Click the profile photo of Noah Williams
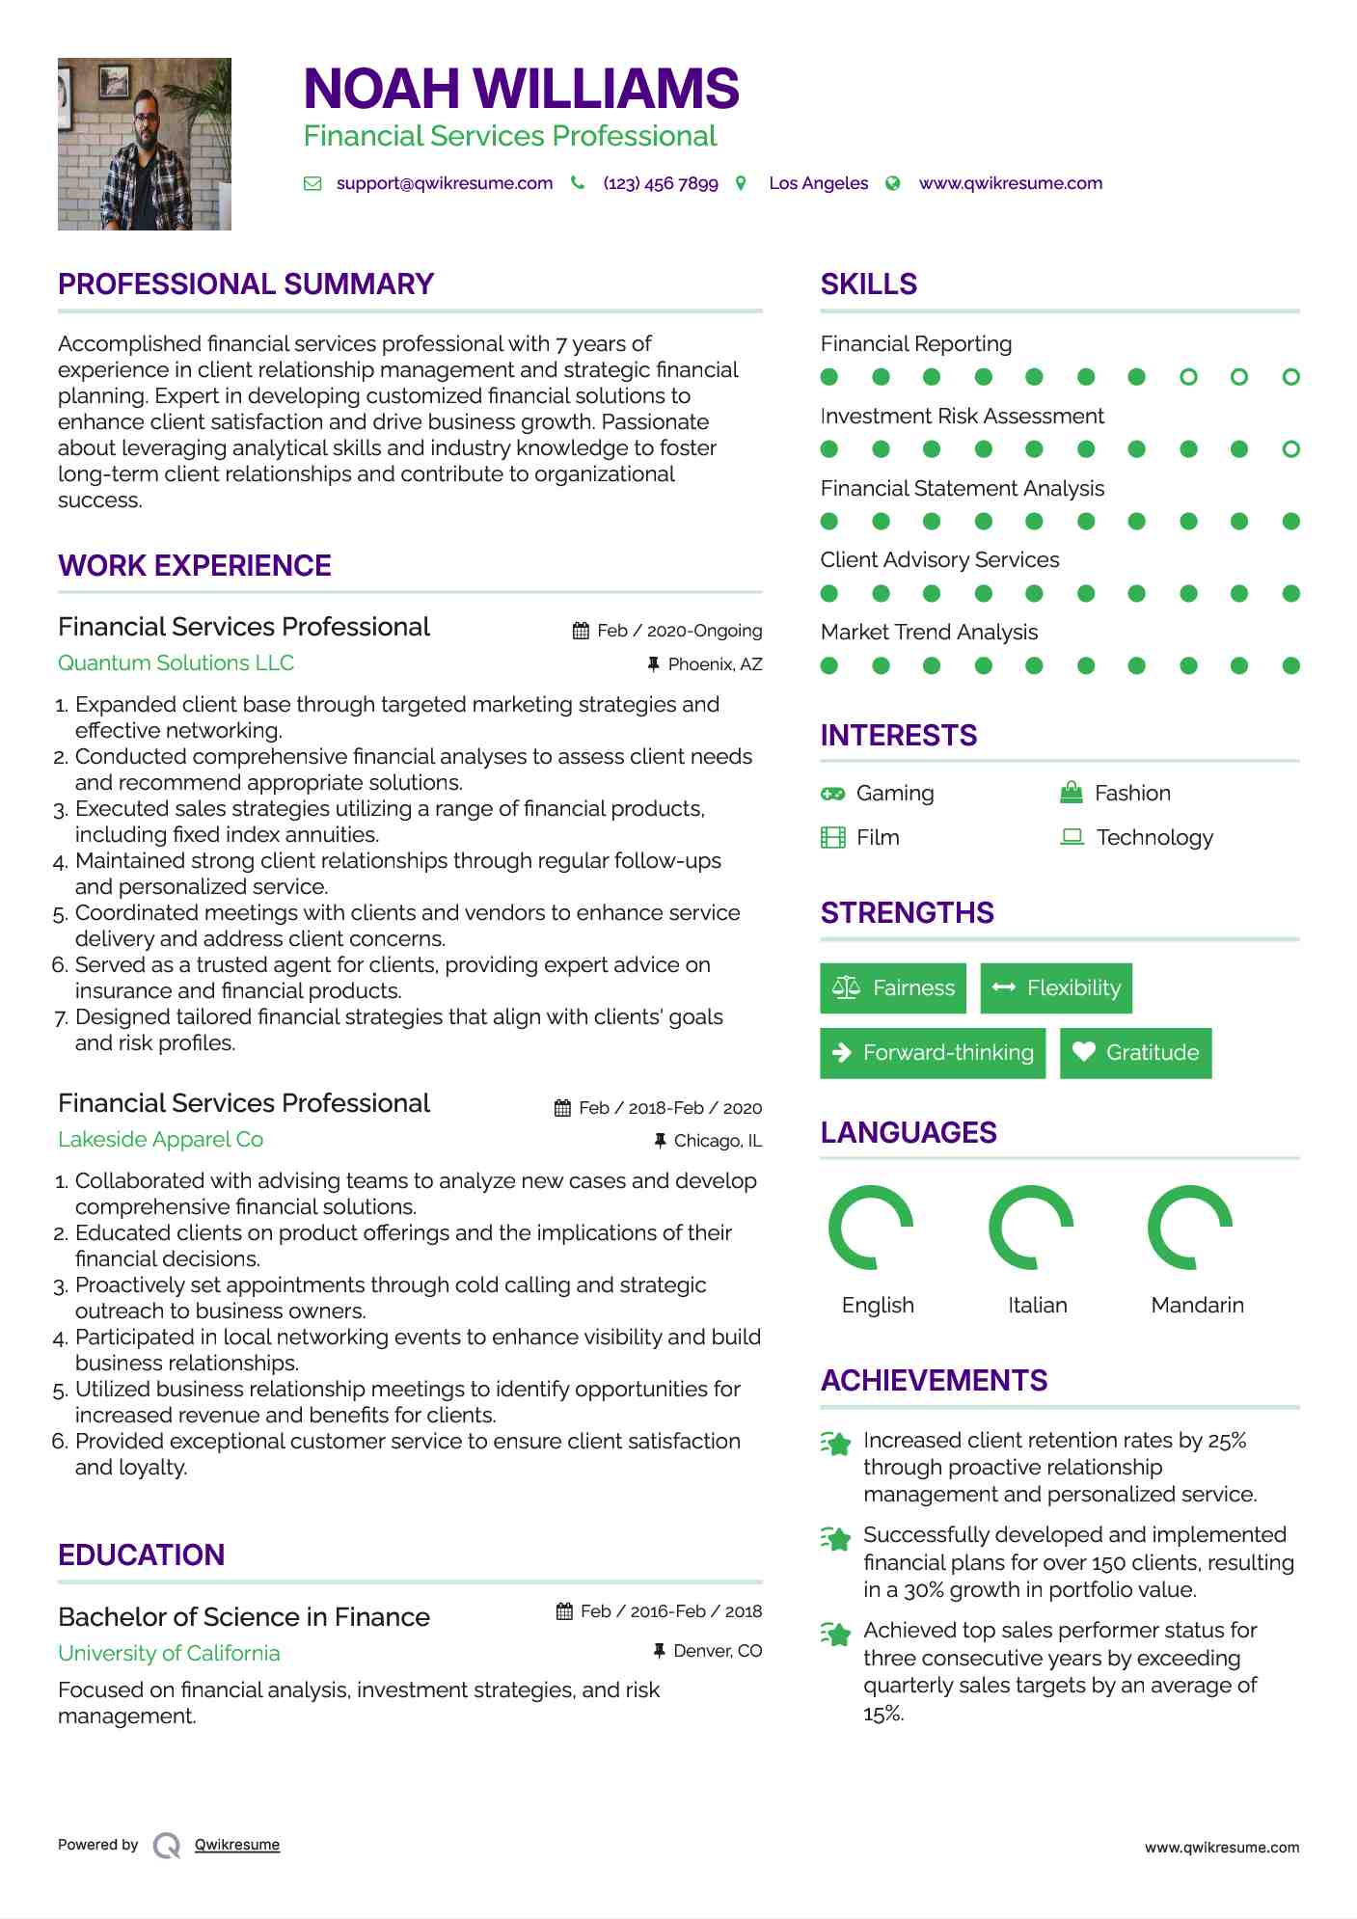click(x=145, y=144)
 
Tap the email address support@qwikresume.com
click(x=444, y=183)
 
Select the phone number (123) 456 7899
click(x=660, y=183)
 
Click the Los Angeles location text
click(x=818, y=183)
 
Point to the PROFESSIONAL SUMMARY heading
click(x=246, y=284)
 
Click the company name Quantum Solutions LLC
click(x=176, y=663)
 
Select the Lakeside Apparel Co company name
click(x=160, y=1140)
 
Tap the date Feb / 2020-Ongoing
click(x=679, y=631)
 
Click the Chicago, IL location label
click(x=718, y=1141)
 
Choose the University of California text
click(x=169, y=1654)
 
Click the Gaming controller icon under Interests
click(x=832, y=794)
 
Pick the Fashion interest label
click(x=1132, y=794)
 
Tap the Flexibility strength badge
click(x=1056, y=988)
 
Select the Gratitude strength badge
click(x=1135, y=1053)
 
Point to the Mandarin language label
click(x=1197, y=1306)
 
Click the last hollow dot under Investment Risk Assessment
click(x=1290, y=449)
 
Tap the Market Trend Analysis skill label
click(x=929, y=633)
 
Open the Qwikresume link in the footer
click(x=237, y=1845)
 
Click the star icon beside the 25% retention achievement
click(x=836, y=1444)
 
